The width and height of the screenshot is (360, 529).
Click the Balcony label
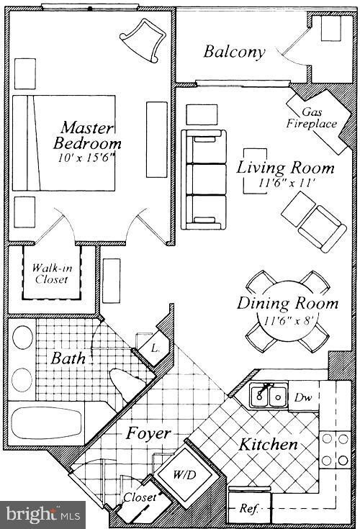pos(234,52)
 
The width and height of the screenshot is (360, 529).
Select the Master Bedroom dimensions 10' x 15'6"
pos(86,155)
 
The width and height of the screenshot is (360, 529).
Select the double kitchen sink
pos(268,395)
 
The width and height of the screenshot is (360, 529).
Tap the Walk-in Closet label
pos(50,274)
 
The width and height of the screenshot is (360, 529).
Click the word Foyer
pos(148,433)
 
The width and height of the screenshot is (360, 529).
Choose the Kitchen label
pos(269,445)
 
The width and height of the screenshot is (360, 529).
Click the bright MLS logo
pos(42,514)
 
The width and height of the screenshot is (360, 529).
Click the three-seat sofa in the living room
pos(203,179)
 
